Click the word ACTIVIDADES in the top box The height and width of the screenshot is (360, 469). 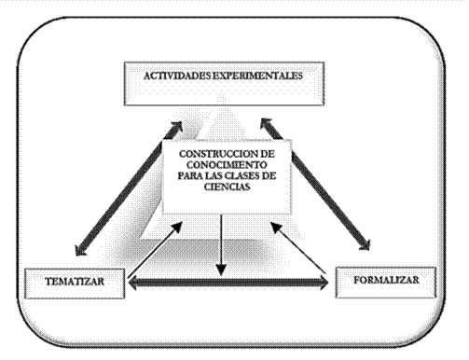[177, 76]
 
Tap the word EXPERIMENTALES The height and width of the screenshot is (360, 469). [257, 76]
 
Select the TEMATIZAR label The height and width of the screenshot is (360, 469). [75, 282]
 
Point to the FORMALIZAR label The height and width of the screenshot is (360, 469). [386, 280]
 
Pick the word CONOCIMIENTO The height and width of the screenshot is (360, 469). [227, 164]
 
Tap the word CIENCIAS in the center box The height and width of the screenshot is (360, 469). [228, 187]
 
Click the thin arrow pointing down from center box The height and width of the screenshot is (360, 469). [221, 245]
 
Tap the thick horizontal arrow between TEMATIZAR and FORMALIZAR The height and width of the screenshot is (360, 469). [228, 283]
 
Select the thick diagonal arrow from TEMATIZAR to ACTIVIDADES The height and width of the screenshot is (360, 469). [129, 188]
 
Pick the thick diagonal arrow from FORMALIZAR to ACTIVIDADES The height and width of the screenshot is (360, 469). [315, 185]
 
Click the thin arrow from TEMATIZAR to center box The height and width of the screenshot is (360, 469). [155, 250]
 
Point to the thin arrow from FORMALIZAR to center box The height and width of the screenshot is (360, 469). [298, 247]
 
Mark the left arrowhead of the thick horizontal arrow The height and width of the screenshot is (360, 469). [133, 283]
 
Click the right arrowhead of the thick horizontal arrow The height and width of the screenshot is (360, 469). [324, 283]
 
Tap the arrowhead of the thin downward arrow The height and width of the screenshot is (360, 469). [221, 270]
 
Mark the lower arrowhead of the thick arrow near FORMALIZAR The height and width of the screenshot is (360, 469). [365, 244]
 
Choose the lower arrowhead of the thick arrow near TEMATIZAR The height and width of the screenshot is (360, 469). [80, 251]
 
